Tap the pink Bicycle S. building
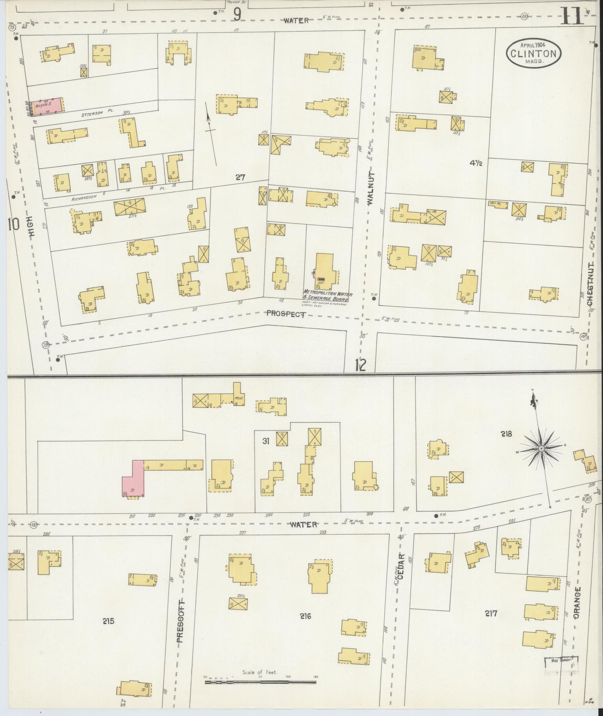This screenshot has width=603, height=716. [47, 105]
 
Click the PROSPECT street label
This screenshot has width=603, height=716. [283, 314]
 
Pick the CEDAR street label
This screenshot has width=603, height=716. [401, 566]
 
